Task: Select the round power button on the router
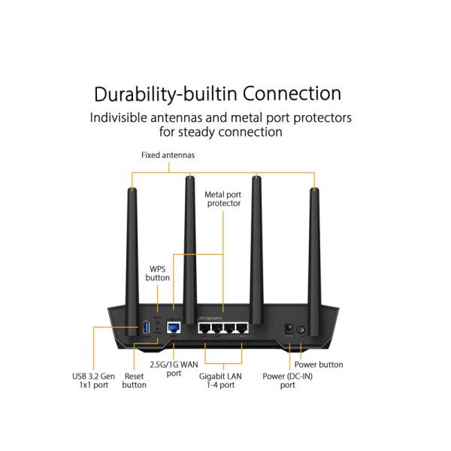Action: click(x=301, y=329)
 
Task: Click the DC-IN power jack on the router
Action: click(x=287, y=328)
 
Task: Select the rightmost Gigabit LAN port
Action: click(x=241, y=328)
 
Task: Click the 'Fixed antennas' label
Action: click(x=168, y=156)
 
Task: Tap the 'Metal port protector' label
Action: click(x=223, y=198)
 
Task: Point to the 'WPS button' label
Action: click(x=158, y=272)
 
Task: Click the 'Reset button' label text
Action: click(x=134, y=380)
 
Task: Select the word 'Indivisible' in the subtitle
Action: click(x=125, y=118)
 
